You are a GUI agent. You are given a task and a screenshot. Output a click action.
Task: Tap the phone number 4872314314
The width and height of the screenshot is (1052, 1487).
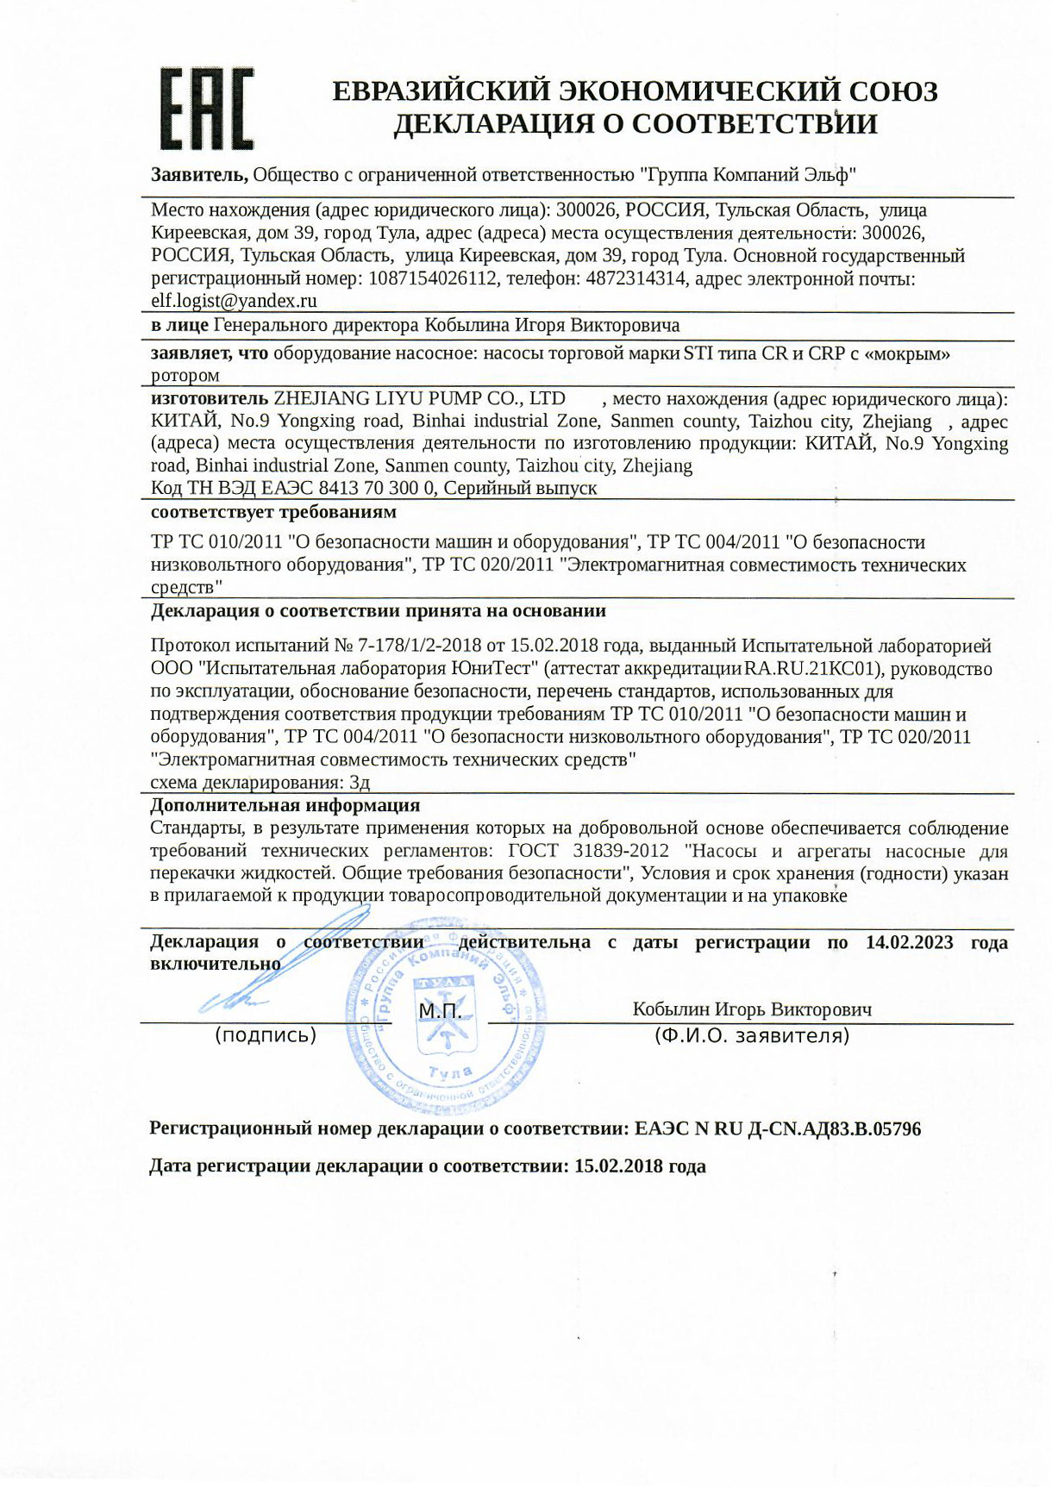pos(636,278)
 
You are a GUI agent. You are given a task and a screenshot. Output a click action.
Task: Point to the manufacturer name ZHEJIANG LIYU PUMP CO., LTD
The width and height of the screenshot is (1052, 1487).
pos(419,398)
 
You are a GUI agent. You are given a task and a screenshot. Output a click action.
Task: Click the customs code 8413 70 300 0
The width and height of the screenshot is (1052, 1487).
pos(367,488)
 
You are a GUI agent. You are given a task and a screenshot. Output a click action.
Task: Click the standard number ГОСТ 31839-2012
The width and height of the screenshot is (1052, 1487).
pos(588,851)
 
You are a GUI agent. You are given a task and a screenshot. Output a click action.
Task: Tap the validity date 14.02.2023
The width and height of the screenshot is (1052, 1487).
pos(909,942)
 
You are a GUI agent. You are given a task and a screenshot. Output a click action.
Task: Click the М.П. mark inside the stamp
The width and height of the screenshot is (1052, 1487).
pos(440,1010)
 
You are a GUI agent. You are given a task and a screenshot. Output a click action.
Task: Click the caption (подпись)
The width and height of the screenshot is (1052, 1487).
pos(266,1035)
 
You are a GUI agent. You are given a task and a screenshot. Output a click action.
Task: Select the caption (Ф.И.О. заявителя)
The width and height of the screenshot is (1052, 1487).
pos(752,1036)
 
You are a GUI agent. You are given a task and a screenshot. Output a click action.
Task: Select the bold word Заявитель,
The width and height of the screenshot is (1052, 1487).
pos(200,175)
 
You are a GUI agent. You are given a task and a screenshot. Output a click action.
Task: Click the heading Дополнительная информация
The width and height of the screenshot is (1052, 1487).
pos(285,805)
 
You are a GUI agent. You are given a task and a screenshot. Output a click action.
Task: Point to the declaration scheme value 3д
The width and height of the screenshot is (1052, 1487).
pos(360,783)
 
